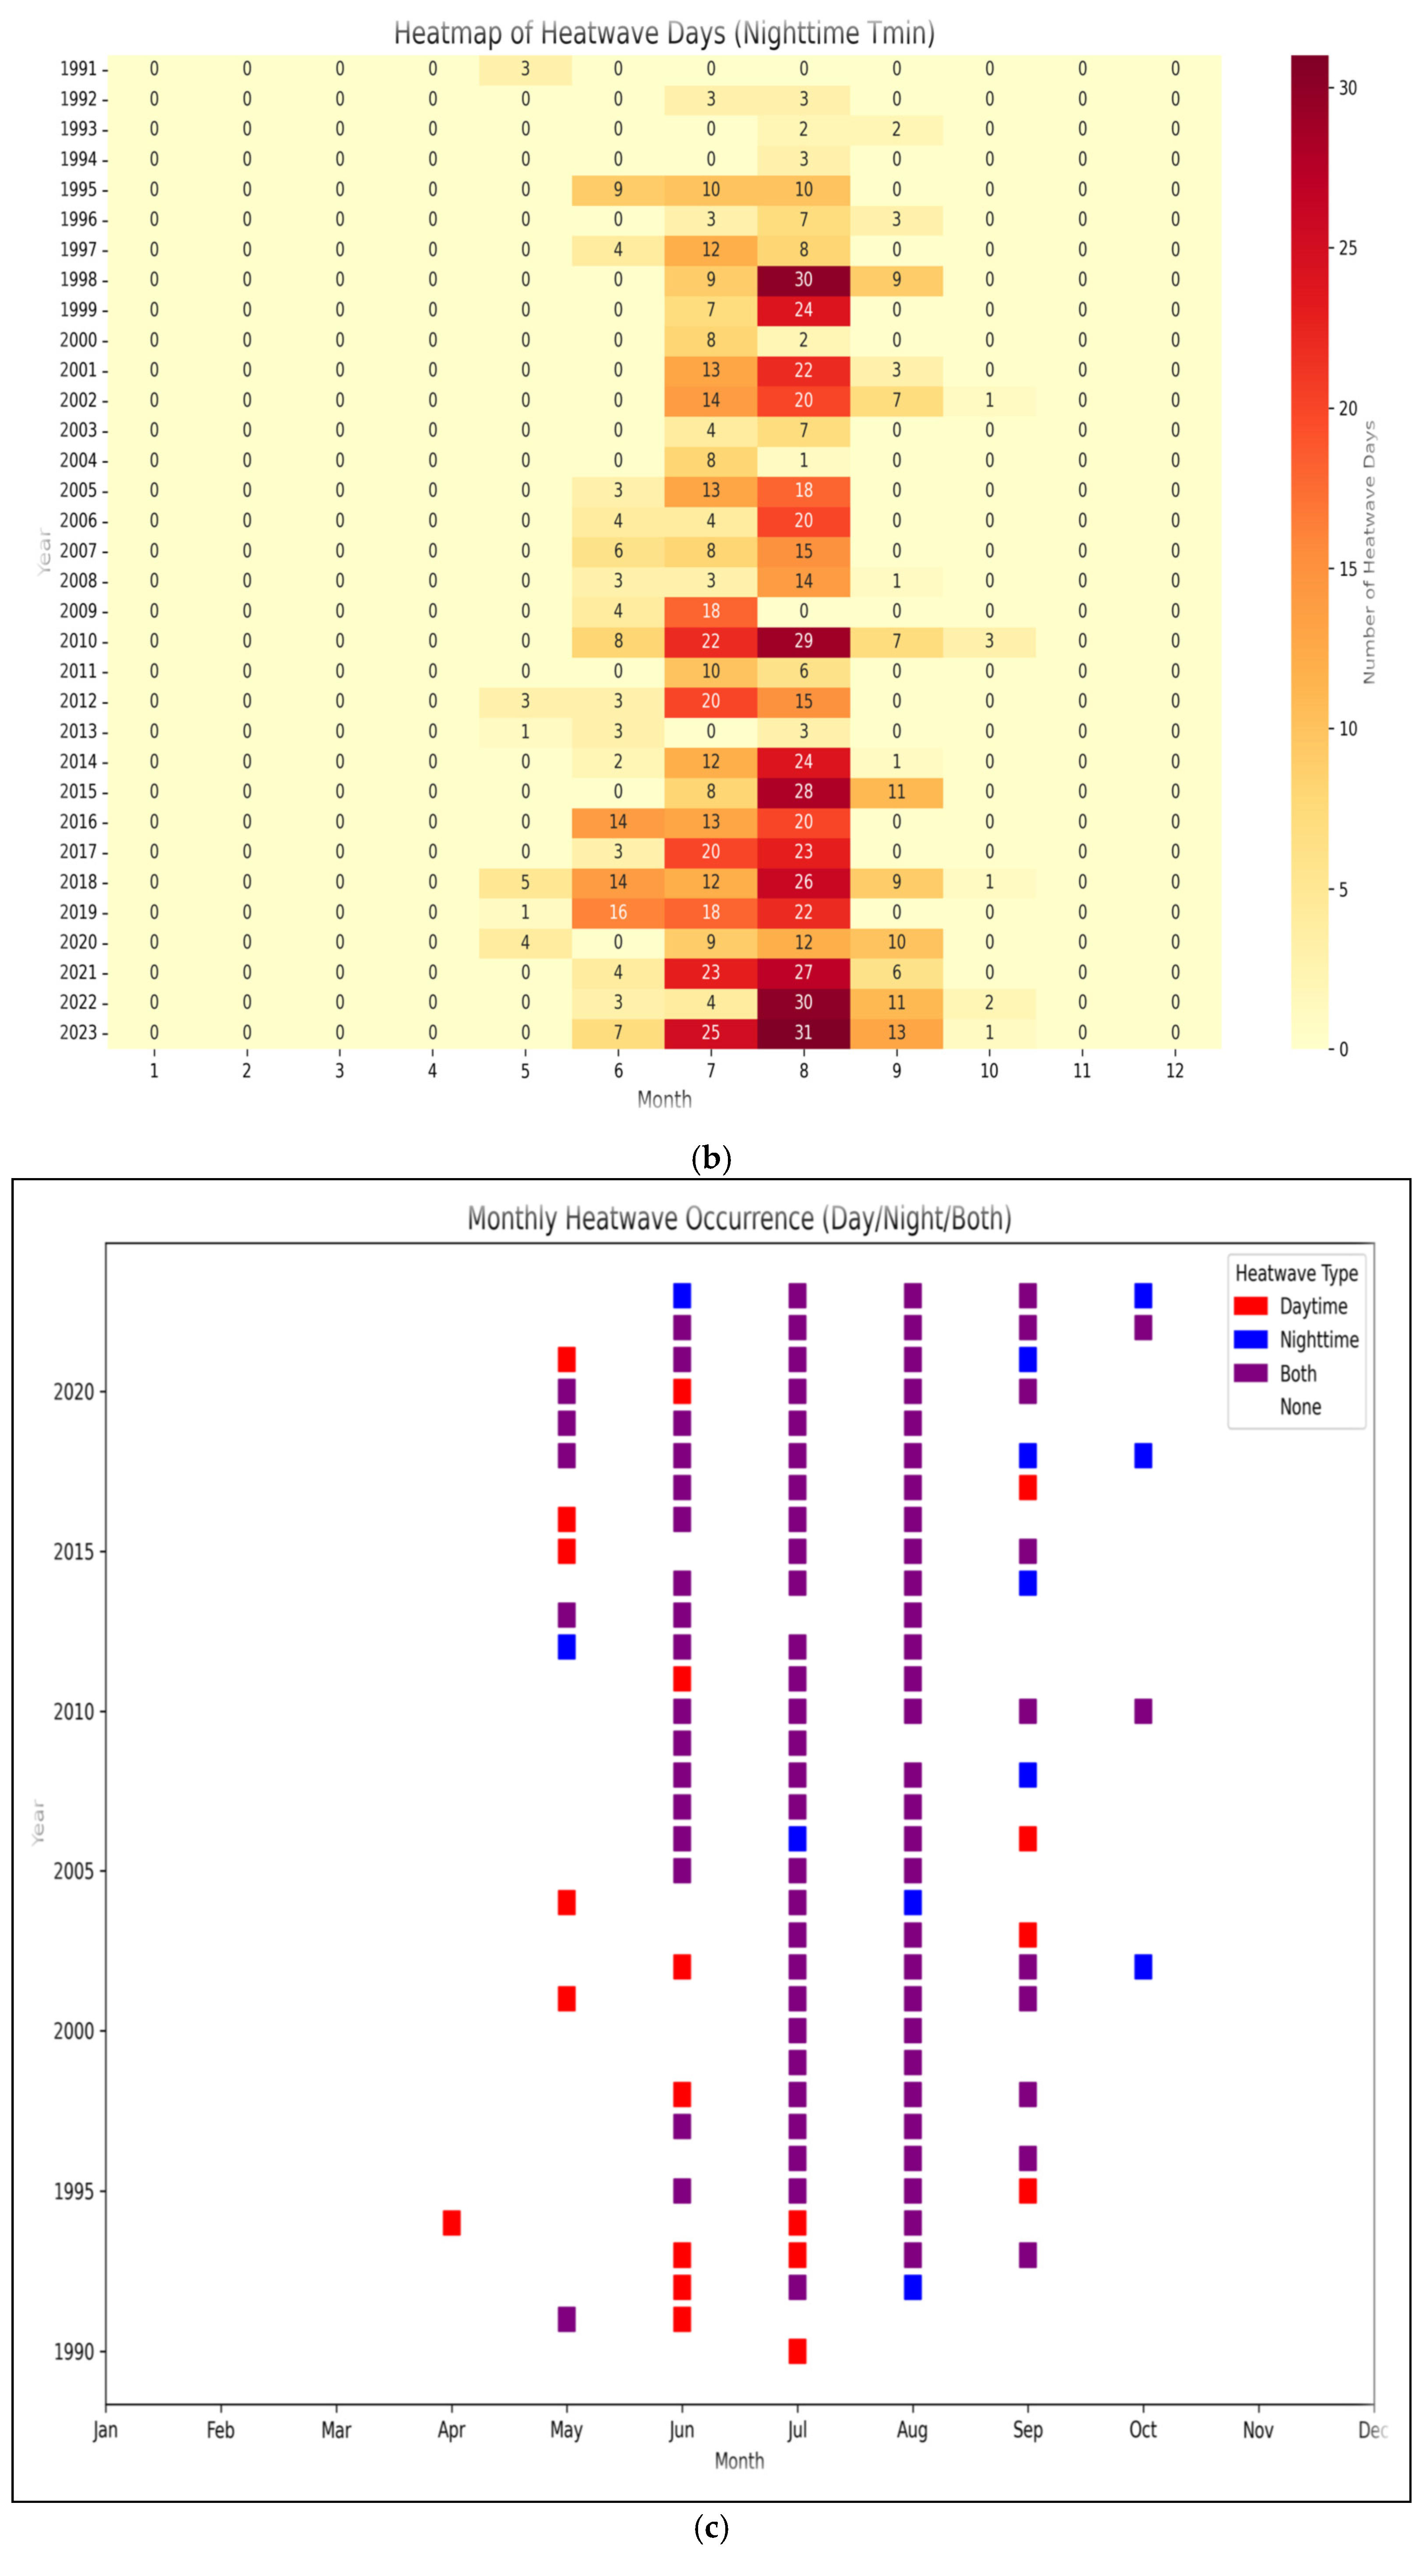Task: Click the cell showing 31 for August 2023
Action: [803, 1033]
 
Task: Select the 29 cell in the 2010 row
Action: [803, 641]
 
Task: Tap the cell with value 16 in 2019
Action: [618, 911]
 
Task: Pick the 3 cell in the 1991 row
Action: [526, 68]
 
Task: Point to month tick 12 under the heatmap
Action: [1175, 1071]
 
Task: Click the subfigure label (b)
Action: [711, 1158]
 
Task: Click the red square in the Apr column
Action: [451, 2223]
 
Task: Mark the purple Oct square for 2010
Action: [1144, 1711]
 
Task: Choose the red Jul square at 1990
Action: [797, 2350]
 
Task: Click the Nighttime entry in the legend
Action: [1319, 1340]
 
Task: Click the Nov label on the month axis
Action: [1258, 2430]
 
